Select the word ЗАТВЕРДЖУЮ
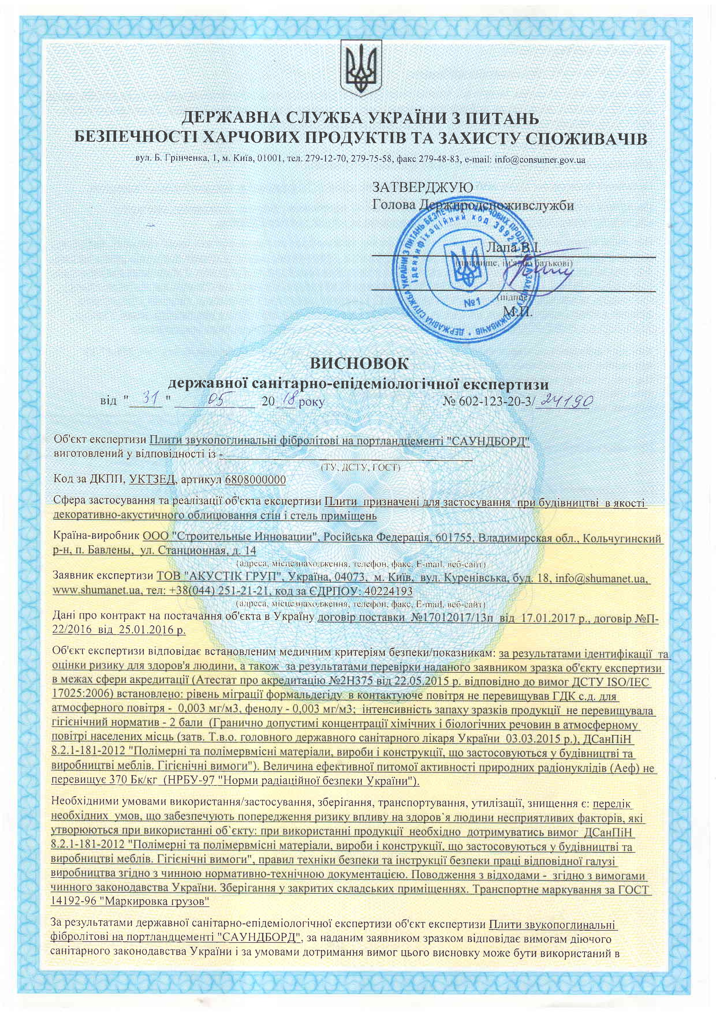[x=423, y=187]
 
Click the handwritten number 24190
[x=565, y=400]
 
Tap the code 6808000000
[x=255, y=480]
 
